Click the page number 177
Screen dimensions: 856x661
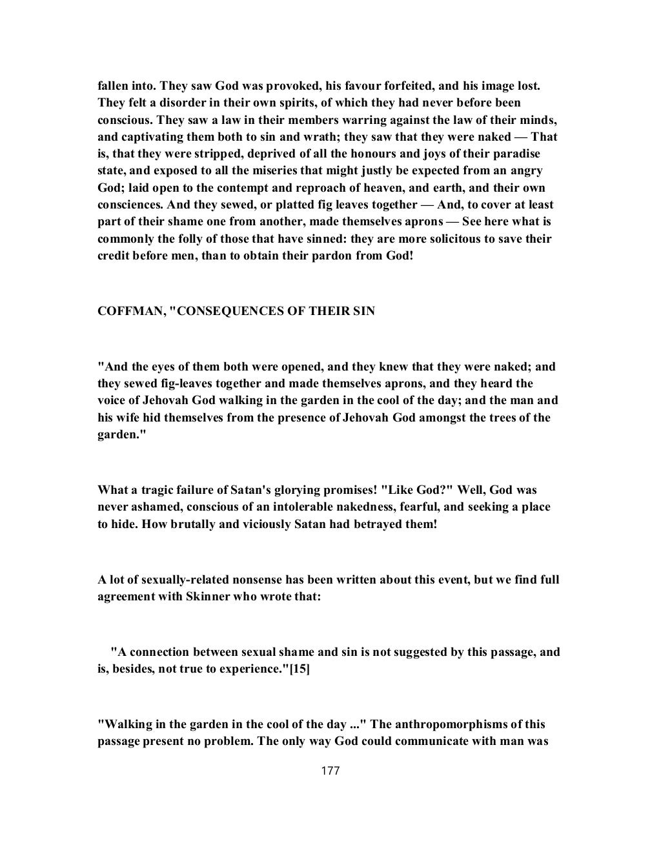(330, 771)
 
